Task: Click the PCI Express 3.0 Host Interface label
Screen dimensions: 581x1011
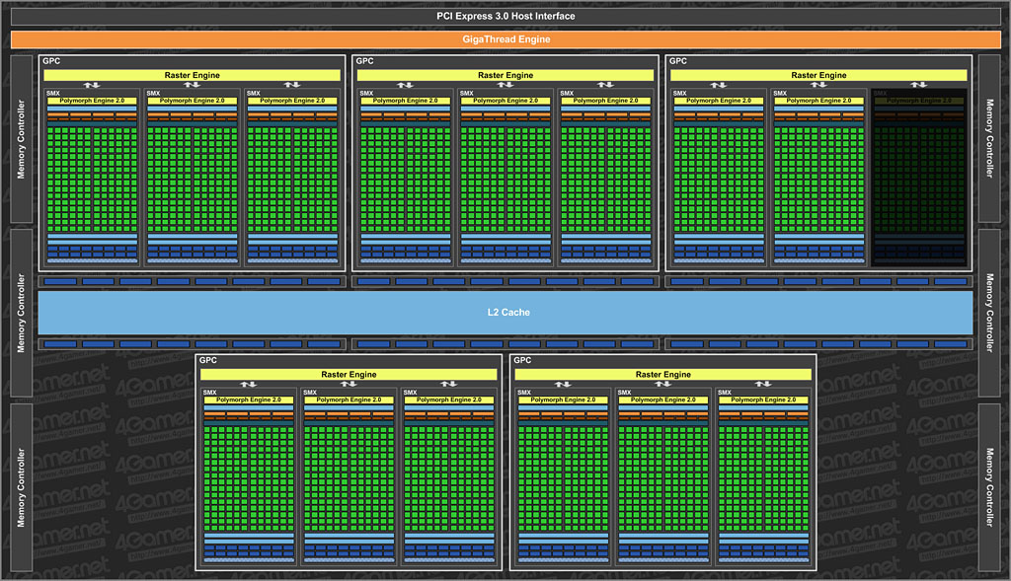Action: (x=505, y=16)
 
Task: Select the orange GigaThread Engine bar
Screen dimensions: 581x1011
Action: (x=505, y=39)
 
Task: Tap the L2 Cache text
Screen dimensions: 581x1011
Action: (x=508, y=313)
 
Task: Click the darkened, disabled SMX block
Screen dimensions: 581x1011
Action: (x=918, y=178)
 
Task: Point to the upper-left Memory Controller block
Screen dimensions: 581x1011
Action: (x=21, y=139)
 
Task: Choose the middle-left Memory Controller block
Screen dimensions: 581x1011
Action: (x=21, y=311)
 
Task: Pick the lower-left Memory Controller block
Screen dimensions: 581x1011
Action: (x=21, y=487)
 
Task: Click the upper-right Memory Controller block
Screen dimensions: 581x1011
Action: (x=990, y=139)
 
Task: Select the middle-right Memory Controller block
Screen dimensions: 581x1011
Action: (x=990, y=313)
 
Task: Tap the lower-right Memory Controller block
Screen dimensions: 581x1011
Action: (x=990, y=487)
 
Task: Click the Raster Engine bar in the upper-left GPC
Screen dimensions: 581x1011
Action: (x=193, y=75)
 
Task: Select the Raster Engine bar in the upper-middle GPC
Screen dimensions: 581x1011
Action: (x=505, y=75)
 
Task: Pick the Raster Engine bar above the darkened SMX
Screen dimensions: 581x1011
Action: (x=818, y=75)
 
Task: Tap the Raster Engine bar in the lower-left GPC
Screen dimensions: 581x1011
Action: (x=349, y=375)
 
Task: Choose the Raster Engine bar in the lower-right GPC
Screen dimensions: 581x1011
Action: (x=662, y=375)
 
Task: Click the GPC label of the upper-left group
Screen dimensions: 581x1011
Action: (x=51, y=61)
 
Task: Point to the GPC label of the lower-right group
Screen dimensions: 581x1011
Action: (x=523, y=361)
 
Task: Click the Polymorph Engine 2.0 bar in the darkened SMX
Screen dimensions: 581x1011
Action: (x=918, y=101)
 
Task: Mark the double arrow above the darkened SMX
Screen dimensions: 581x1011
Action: (x=918, y=85)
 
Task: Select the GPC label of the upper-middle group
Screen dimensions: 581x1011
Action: (x=365, y=61)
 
